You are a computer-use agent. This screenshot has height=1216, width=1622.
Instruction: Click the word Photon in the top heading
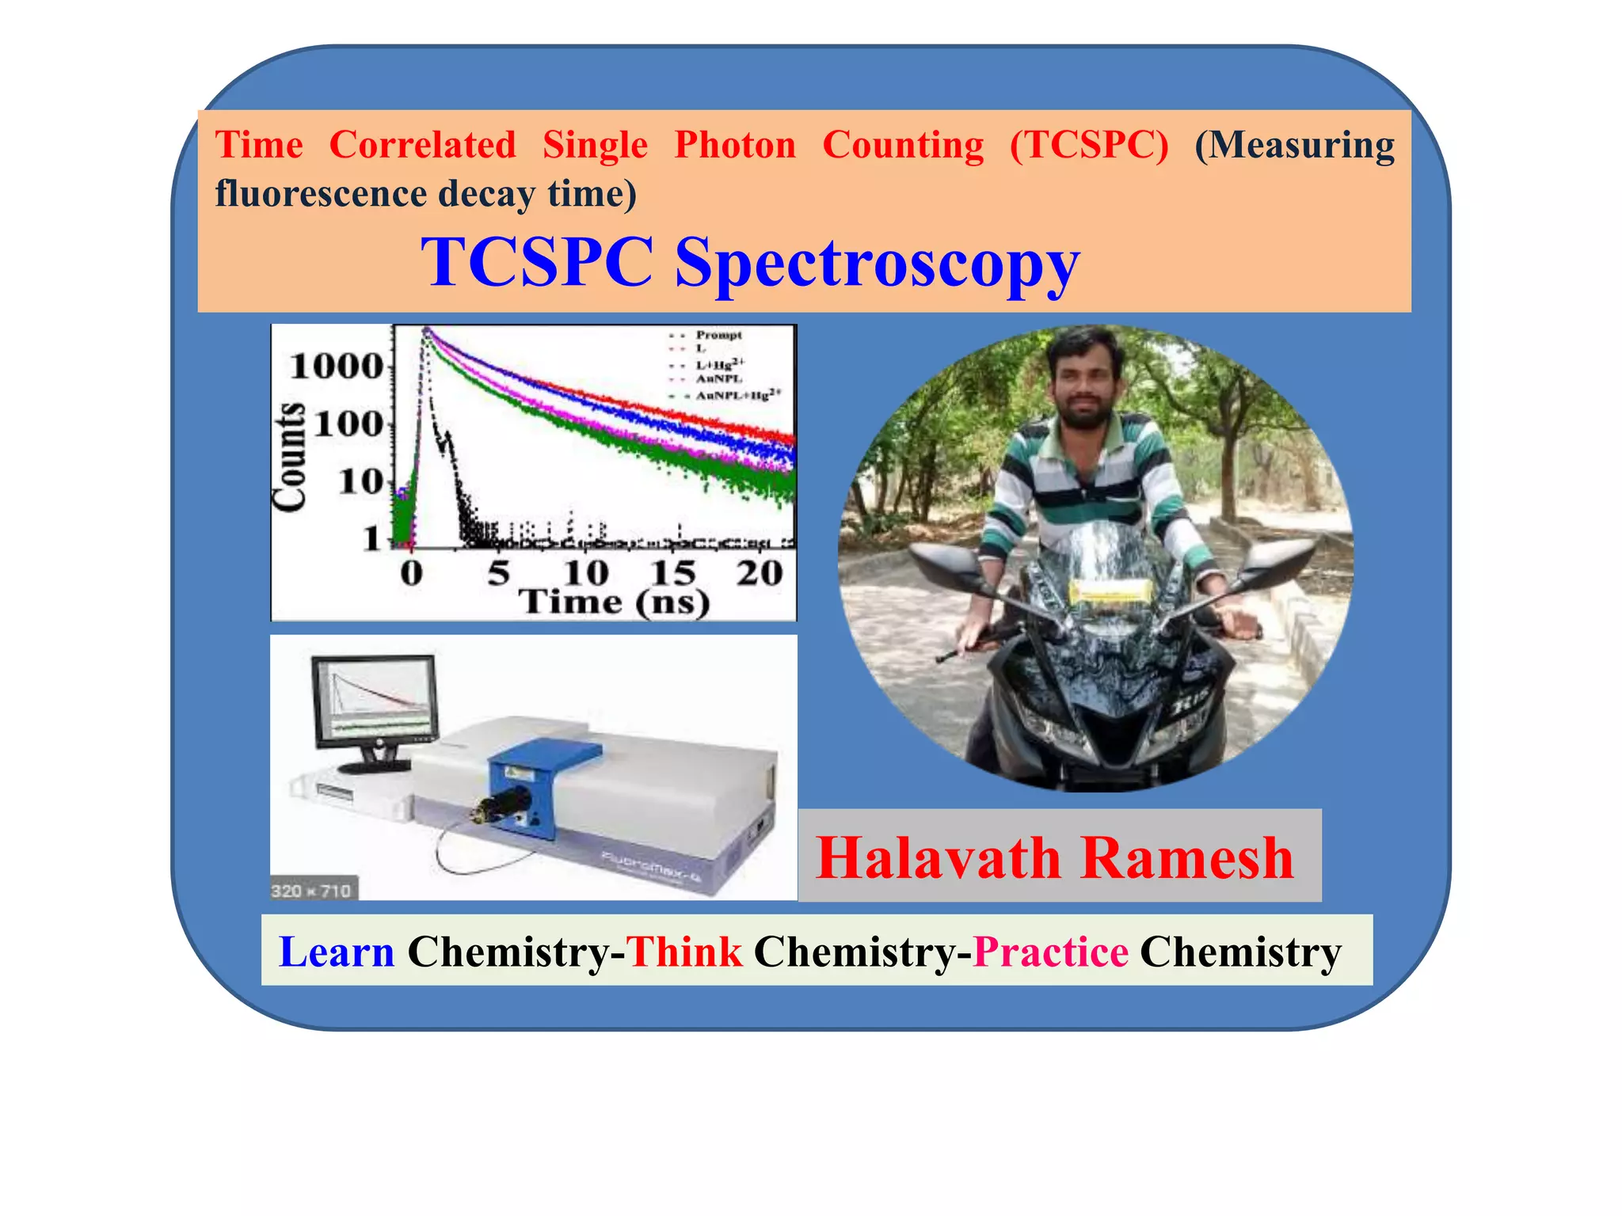[x=734, y=146]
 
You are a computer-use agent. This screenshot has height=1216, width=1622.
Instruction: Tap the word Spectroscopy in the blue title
[x=877, y=264]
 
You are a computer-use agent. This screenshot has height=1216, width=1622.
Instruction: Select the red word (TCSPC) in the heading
[x=1089, y=146]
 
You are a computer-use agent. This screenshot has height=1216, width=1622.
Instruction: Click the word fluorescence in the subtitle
[x=321, y=194]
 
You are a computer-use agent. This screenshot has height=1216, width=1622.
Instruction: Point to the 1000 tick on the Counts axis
[x=337, y=367]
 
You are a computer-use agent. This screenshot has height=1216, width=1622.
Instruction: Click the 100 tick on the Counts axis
[x=348, y=424]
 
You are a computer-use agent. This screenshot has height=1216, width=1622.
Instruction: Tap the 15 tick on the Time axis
[x=672, y=572]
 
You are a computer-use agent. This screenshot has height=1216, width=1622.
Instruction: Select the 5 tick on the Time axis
[x=498, y=572]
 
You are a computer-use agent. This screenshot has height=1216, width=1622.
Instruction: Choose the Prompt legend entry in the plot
[x=718, y=335]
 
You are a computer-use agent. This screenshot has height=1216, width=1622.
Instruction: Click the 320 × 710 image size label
[x=311, y=891]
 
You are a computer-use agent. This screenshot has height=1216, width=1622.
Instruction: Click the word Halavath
[x=938, y=858]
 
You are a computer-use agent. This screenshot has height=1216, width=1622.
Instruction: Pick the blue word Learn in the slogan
[x=337, y=952]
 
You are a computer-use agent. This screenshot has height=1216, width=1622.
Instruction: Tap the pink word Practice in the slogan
[x=1050, y=952]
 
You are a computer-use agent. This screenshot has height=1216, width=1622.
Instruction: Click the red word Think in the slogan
[x=684, y=952]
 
